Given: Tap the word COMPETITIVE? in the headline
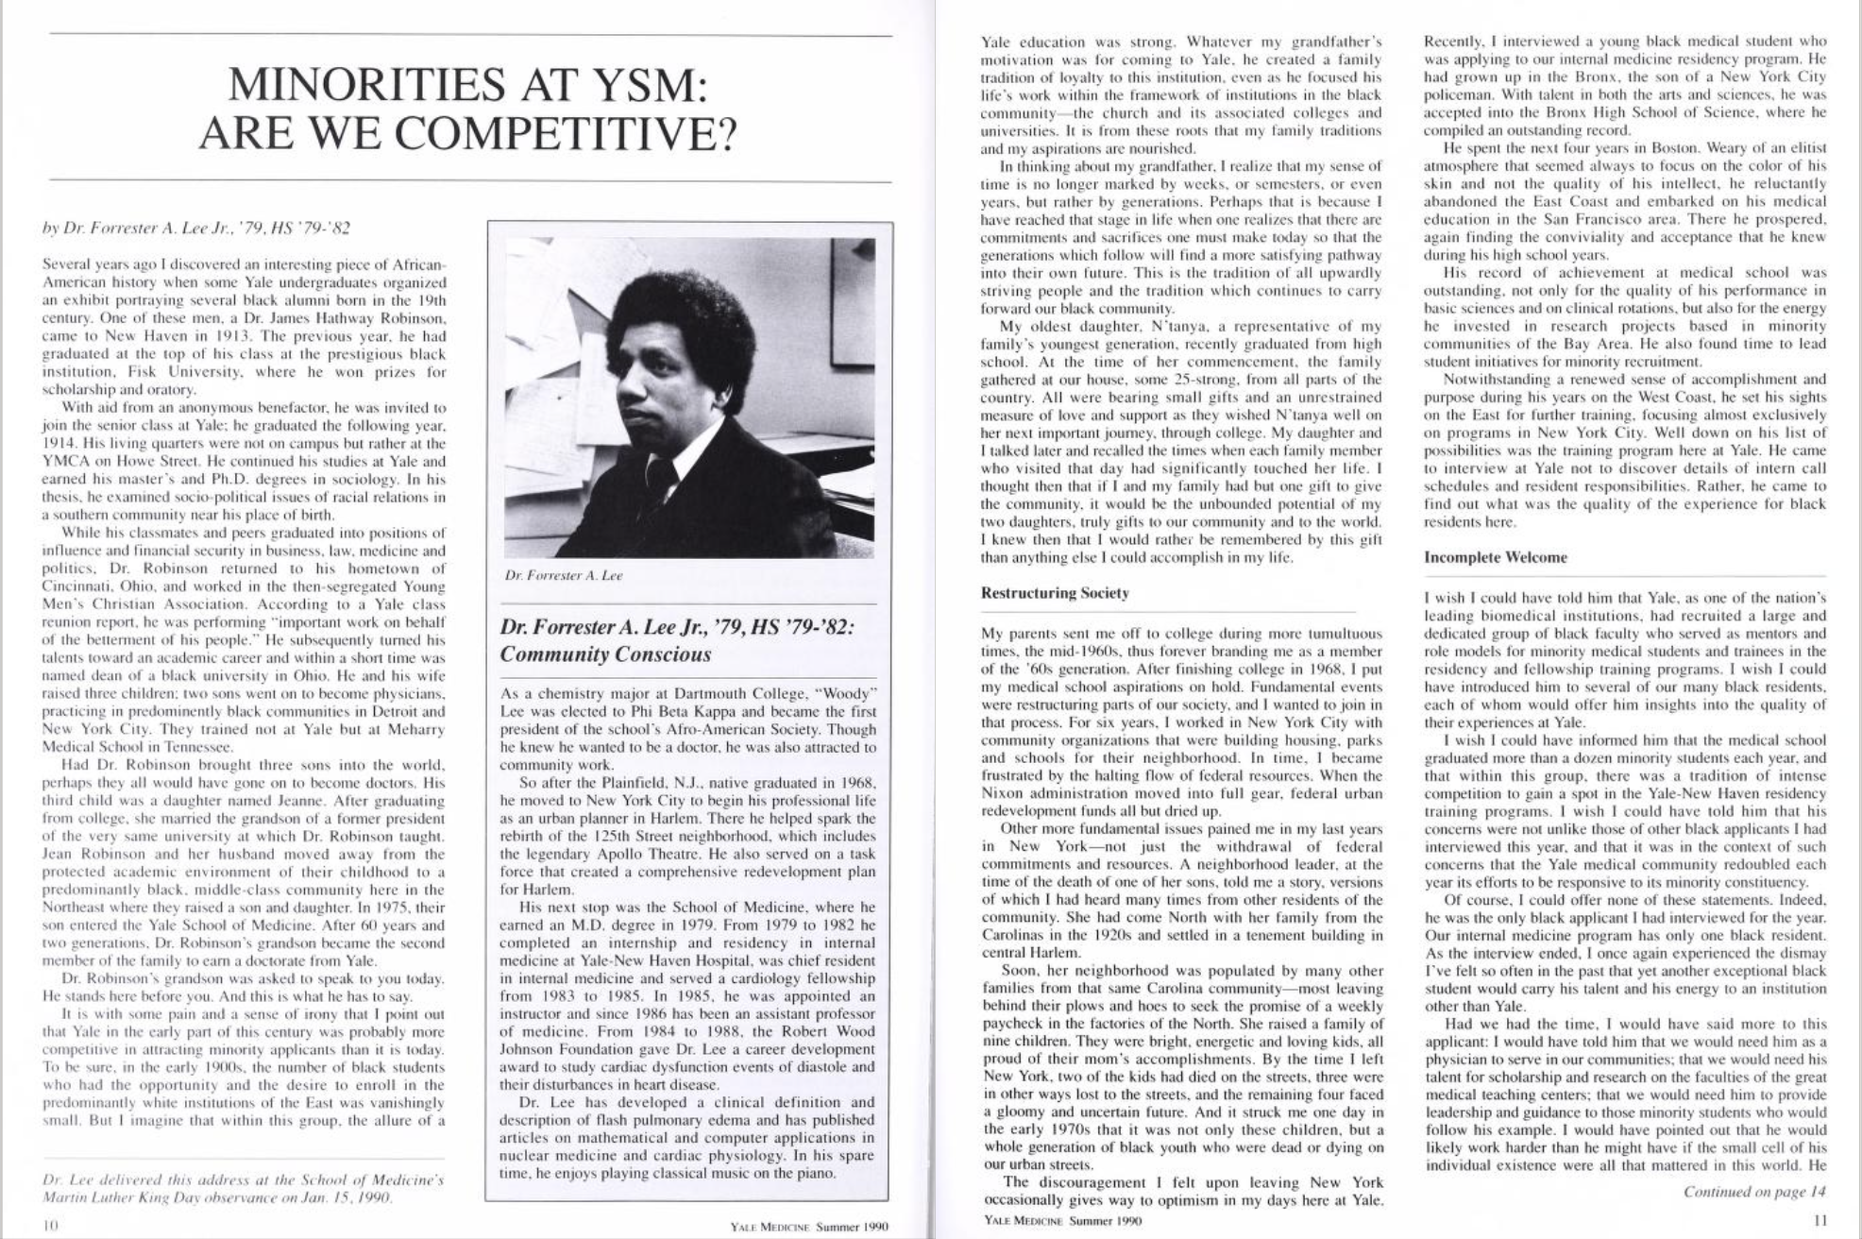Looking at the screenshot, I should pyautogui.click(x=563, y=135).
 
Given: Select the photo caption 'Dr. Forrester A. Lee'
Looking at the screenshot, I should pyautogui.click(x=564, y=575).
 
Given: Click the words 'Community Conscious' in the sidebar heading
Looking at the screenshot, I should pyautogui.click(x=604, y=654).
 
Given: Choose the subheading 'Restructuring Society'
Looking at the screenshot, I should pyautogui.click(x=1055, y=593).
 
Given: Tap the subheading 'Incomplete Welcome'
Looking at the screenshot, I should pyautogui.click(x=1495, y=557).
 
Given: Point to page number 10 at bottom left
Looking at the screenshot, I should pyautogui.click(x=51, y=1225).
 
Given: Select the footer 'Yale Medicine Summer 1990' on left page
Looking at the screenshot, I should pyautogui.click(x=809, y=1227).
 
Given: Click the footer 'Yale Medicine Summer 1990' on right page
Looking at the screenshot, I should pyautogui.click(x=1061, y=1220).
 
